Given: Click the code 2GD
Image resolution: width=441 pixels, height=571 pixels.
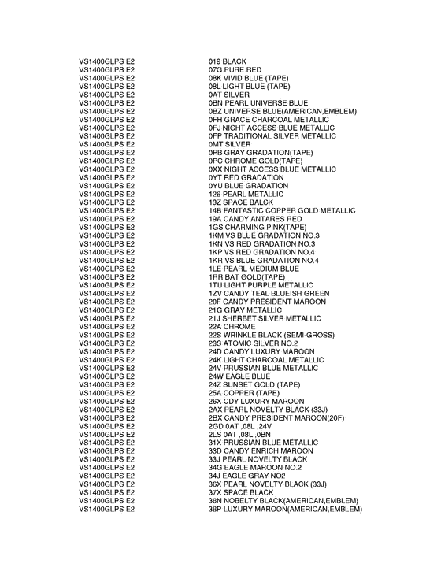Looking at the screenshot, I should point(216,425).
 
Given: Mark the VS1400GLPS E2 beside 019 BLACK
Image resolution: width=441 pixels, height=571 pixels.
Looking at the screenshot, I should point(107,61).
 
